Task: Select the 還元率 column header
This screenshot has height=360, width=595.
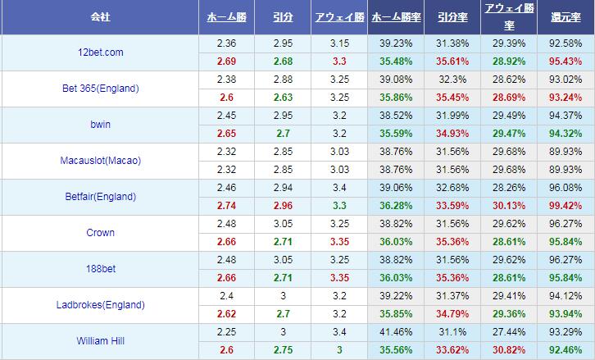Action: pos(566,16)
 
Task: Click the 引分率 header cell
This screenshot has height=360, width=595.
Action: pos(452,16)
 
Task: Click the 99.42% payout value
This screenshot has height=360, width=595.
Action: pos(566,206)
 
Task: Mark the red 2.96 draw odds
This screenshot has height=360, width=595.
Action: pos(283,206)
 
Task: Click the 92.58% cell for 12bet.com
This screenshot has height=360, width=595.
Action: pos(566,43)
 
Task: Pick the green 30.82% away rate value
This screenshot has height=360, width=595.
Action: pos(509,350)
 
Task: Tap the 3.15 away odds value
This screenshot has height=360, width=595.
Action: pos(339,43)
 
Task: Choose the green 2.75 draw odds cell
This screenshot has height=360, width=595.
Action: pos(283,350)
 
